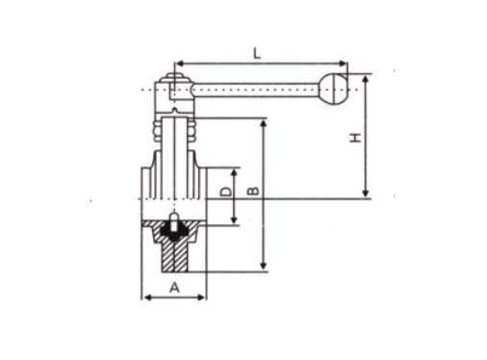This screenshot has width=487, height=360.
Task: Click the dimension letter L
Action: point(257,54)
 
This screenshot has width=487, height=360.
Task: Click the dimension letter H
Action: point(355,138)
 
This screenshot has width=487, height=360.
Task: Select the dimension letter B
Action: point(253,191)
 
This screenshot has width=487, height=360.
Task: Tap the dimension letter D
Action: point(225,192)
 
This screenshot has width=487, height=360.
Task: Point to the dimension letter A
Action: point(174,288)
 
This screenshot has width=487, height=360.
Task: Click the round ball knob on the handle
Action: point(334,90)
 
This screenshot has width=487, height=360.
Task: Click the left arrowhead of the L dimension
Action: point(180,64)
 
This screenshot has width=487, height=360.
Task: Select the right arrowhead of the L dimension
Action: point(344,64)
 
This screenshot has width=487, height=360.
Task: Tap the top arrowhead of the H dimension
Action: point(366,79)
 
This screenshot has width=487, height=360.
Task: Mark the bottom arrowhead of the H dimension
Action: point(366,193)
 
